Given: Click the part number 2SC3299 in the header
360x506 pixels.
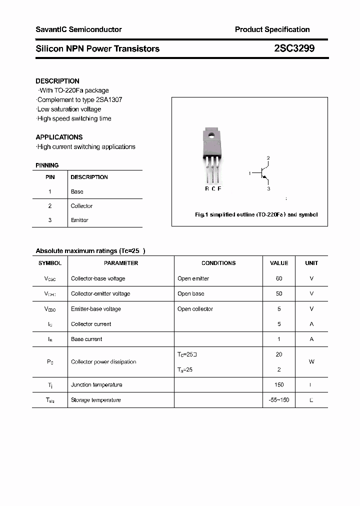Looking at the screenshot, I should (x=294, y=48).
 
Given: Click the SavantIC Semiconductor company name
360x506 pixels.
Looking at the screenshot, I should (x=78, y=29).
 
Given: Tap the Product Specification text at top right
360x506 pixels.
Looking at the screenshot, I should (x=272, y=29).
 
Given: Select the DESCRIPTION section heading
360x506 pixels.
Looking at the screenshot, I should (x=57, y=81).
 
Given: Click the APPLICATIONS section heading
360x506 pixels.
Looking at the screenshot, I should (x=59, y=137).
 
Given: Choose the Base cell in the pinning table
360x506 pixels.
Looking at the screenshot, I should (x=77, y=191).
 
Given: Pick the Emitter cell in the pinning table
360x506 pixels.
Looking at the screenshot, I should (x=79, y=220).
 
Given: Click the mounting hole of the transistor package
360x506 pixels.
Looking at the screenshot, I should (x=211, y=134).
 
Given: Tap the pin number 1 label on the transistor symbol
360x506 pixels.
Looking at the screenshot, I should (x=249, y=173).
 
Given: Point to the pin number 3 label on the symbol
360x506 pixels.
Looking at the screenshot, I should (x=268, y=188).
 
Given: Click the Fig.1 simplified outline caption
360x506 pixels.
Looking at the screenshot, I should (x=256, y=214).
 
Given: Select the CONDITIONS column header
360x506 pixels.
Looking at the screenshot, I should (x=218, y=263).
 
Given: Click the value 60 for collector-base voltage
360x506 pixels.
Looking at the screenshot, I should (x=279, y=278).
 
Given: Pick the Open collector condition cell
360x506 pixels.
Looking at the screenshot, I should (x=195, y=309).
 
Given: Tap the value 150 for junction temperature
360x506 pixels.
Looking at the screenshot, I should (x=279, y=384).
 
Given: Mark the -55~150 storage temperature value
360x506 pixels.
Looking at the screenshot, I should (x=279, y=400).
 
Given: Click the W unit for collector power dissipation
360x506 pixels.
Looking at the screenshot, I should (x=311, y=361).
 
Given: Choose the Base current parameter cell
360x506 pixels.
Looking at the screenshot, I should (x=86, y=339).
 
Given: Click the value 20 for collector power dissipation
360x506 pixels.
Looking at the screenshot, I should (x=279, y=354).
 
